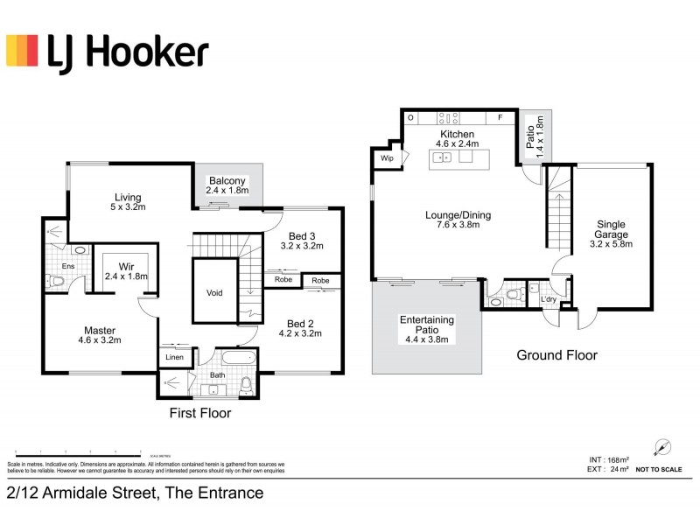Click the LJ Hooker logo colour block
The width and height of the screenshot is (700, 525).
(x=22, y=51)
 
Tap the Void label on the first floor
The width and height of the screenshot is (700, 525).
(x=214, y=293)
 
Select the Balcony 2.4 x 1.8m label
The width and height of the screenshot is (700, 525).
(x=227, y=185)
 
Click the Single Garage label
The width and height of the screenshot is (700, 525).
(x=612, y=234)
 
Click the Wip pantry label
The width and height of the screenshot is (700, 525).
(x=386, y=158)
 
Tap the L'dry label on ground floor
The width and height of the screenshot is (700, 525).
(x=549, y=300)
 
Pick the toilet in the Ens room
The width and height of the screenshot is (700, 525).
(x=55, y=281)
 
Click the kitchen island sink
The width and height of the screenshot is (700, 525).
(x=443, y=157)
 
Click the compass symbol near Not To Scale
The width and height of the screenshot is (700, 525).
(x=662, y=446)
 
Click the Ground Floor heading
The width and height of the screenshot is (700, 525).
(x=556, y=355)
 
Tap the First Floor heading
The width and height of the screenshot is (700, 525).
(x=201, y=412)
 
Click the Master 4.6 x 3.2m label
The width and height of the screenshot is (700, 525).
(x=99, y=335)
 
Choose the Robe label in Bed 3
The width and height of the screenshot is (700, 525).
(x=283, y=280)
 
